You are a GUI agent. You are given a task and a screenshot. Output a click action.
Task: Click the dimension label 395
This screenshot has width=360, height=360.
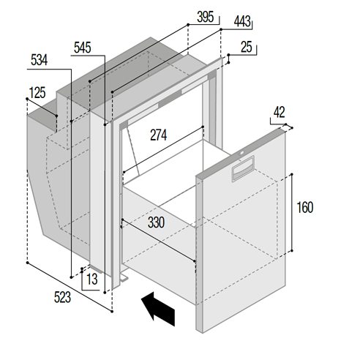point(207,16)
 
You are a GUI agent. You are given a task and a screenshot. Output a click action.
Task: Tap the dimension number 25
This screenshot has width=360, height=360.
point(247,48)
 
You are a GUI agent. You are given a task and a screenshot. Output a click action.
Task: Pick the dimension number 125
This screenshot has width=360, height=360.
point(37,92)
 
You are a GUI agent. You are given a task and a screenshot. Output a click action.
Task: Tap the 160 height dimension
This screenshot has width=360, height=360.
point(305,208)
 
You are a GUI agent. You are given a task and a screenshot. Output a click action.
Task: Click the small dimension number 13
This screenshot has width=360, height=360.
point(91,279)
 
